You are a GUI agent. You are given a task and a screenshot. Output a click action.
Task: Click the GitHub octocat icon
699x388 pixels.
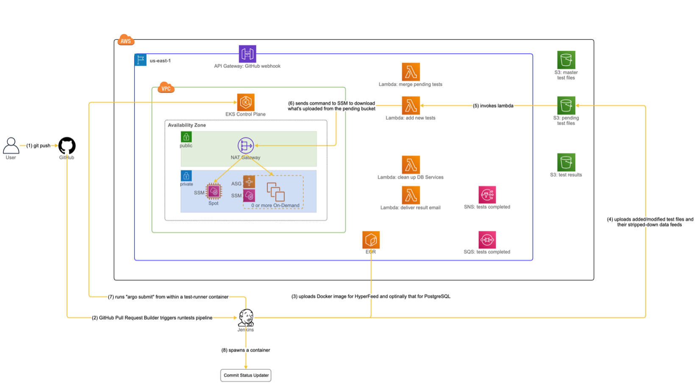coord(67,146)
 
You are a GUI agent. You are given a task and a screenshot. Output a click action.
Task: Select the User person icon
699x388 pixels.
coord(11,145)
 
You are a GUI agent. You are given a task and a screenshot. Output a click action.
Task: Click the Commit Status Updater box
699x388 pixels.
coord(246,375)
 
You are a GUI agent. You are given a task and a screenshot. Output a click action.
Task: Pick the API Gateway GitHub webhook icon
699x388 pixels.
coord(247,54)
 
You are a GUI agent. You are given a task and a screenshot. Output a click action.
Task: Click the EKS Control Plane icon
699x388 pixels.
coord(246,103)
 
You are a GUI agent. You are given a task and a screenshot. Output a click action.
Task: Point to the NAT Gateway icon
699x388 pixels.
coord(246,146)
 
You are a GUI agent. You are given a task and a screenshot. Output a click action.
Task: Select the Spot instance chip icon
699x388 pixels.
coord(214,191)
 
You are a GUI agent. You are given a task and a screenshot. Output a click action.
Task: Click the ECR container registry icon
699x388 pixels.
coord(371,240)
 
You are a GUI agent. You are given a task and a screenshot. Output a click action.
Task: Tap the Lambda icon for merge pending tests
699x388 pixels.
coord(411,72)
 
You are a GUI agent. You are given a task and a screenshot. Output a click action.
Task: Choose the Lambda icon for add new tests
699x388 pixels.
coord(411,105)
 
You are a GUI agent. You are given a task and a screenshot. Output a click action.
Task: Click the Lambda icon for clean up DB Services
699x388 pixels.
coord(411,165)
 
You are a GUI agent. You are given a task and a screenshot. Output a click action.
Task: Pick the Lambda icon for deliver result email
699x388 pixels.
coord(411,195)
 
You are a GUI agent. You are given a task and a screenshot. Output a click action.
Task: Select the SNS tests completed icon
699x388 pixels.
coord(487,195)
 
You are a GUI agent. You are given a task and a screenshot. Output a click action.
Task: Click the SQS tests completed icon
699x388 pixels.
coord(487,240)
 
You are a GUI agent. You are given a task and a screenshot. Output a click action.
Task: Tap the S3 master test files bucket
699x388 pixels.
coord(566,60)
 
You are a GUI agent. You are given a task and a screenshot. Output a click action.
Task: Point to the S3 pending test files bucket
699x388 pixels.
coord(566,105)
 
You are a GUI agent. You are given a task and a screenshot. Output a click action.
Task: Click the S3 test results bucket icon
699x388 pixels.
coord(566,162)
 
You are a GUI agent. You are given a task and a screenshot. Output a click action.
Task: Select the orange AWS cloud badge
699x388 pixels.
coord(126,41)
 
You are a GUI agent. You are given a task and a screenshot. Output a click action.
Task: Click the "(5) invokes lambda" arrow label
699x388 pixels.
coord(493,106)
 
